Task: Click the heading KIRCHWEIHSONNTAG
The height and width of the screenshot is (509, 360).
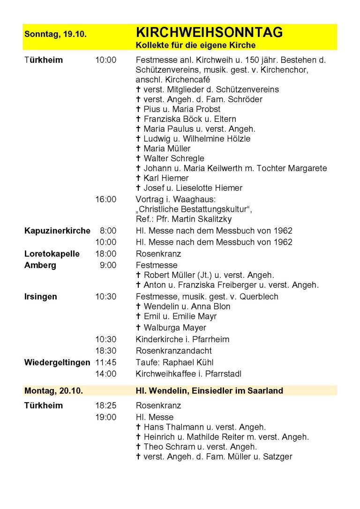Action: (x=209, y=32)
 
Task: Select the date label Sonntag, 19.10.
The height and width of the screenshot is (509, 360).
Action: (x=55, y=34)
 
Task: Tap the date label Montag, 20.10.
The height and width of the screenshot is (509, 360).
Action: (x=53, y=390)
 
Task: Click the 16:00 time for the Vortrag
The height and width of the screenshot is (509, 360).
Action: (x=105, y=199)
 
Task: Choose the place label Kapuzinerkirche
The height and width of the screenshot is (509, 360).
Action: (x=57, y=231)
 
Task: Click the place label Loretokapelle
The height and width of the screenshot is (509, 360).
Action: (x=52, y=254)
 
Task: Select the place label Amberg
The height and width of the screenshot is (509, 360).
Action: (x=40, y=265)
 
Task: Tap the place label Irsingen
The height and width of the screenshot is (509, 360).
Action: (x=41, y=297)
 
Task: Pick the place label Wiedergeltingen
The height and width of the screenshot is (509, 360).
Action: (x=57, y=362)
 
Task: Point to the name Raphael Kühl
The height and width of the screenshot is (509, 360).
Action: (x=197, y=362)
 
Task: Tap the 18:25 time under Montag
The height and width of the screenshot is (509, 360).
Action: (x=105, y=405)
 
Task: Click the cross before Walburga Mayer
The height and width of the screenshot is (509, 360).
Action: (x=138, y=328)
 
